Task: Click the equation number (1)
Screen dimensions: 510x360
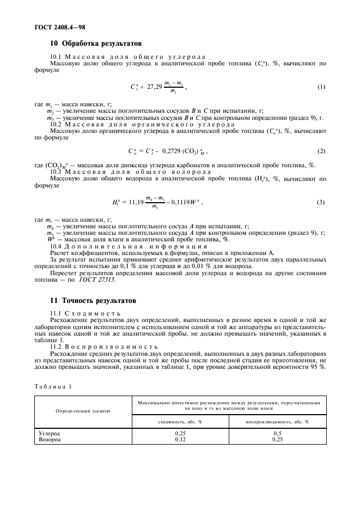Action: click(x=321, y=87)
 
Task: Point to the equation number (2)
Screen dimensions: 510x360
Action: click(x=321, y=151)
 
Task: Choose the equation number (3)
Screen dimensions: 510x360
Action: click(x=321, y=203)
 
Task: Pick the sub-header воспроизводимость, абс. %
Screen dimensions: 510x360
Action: click(x=277, y=421)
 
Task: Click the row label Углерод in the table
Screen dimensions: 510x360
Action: click(x=49, y=433)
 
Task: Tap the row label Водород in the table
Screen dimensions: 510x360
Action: click(x=49, y=439)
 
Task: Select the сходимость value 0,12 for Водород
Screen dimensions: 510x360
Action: click(x=180, y=439)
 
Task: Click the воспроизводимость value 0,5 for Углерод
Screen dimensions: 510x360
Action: click(x=277, y=433)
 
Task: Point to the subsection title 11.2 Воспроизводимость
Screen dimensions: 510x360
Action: click(x=103, y=346)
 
